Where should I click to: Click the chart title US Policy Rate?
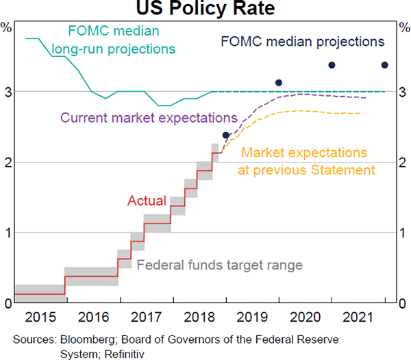[206, 9]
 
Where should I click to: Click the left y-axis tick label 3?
[6, 92]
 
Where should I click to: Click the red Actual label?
[147, 202]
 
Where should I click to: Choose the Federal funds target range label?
[220, 265]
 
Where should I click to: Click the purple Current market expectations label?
[149, 117]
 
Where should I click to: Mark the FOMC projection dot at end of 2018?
[226, 135]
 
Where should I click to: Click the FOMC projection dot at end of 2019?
[279, 83]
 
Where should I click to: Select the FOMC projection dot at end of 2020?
[332, 65]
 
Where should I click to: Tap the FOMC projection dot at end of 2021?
[384, 65]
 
